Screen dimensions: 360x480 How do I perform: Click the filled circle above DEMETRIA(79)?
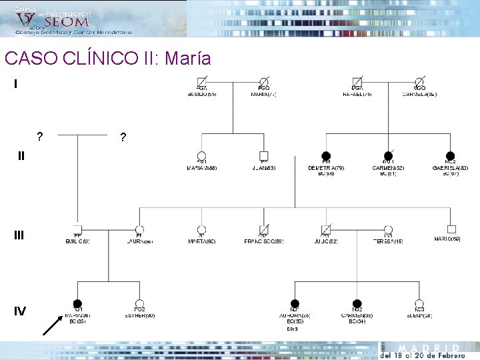[326, 156]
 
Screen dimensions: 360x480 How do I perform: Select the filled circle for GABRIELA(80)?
[450, 156]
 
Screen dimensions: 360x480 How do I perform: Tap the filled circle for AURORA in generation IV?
[295, 304]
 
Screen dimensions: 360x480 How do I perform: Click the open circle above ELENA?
[419, 304]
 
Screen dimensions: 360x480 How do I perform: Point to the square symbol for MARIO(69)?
[451, 230]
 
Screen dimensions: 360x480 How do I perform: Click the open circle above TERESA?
[388, 230]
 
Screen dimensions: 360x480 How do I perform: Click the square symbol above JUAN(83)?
[263, 156]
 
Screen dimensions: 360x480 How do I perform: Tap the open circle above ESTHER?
[139, 304]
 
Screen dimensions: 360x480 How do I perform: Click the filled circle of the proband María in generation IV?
[77, 304]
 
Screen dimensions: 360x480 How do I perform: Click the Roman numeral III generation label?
[19, 235]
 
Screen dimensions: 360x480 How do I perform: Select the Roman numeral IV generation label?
[20, 311]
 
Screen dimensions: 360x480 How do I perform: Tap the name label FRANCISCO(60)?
[263, 241]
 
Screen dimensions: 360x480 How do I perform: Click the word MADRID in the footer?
[429, 349]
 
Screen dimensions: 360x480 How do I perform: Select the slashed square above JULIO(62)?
[326, 230]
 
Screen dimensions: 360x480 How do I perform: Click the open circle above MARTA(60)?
[201, 230]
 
